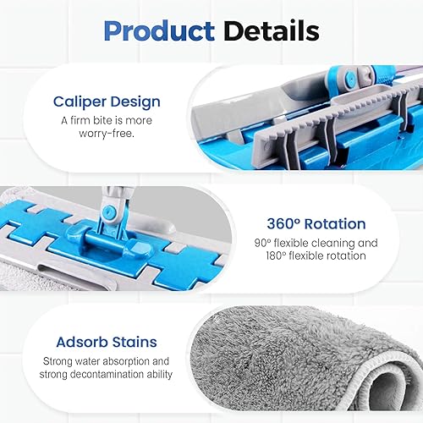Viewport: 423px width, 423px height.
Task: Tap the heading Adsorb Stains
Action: (107, 342)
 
